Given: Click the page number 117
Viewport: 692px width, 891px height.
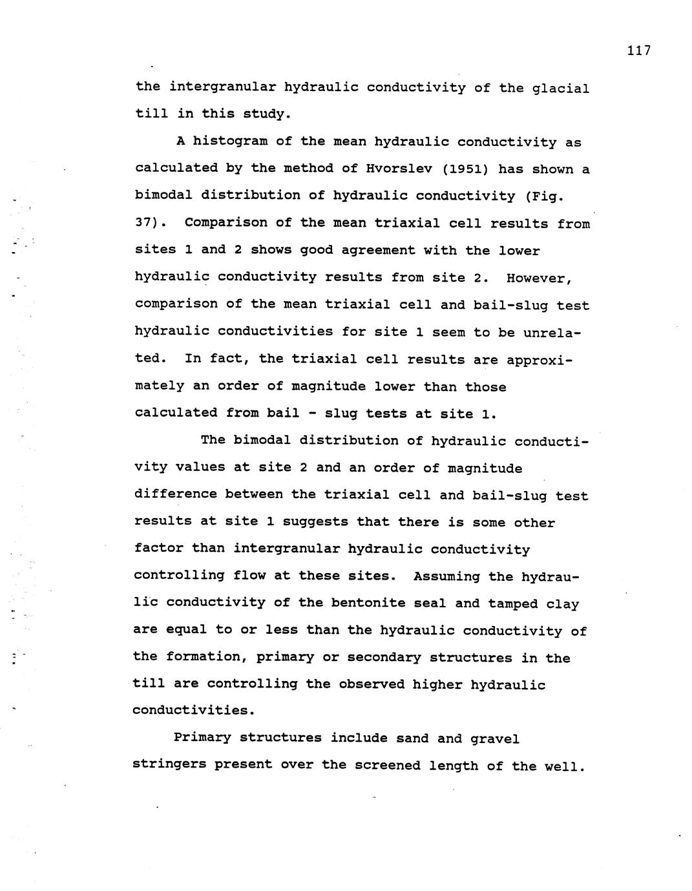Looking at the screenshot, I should coord(638,51).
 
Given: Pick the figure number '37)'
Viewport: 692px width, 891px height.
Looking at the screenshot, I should coord(150,223).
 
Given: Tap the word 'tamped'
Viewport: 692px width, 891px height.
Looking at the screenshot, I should coord(512,603).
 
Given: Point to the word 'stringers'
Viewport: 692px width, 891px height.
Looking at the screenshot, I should coord(169,765).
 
